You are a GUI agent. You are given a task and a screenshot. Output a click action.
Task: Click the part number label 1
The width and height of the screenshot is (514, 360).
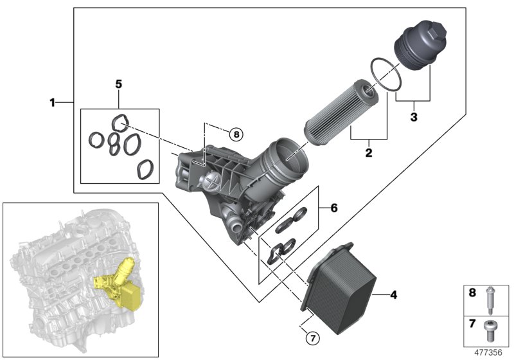(x=52, y=102)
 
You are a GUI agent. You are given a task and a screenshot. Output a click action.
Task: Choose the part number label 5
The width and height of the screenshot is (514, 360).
(x=118, y=84)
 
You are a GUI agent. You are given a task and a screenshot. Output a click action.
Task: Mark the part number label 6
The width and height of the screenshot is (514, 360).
(x=333, y=208)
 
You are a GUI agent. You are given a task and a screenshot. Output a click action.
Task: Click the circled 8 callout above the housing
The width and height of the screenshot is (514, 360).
(x=236, y=134)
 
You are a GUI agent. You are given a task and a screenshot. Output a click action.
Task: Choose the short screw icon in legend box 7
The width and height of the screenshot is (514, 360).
(x=489, y=330)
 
